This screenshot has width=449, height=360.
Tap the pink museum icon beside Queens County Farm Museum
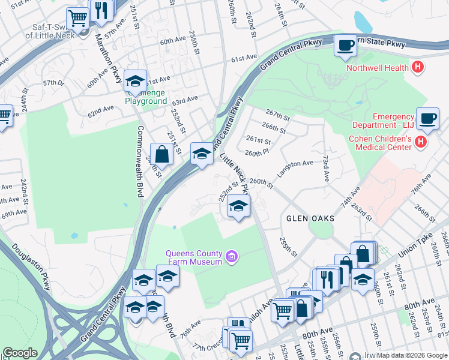[x=231, y=258]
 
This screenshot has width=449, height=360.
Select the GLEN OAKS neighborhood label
[x=310, y=218]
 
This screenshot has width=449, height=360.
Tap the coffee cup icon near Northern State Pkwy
[x=345, y=46]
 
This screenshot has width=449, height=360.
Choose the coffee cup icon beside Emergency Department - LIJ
[x=427, y=118]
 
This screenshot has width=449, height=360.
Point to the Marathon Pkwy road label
[x=109, y=60]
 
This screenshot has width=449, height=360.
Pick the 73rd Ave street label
[x=325, y=170]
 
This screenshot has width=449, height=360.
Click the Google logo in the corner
[x=20, y=353]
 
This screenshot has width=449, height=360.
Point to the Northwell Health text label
[x=376, y=67]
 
